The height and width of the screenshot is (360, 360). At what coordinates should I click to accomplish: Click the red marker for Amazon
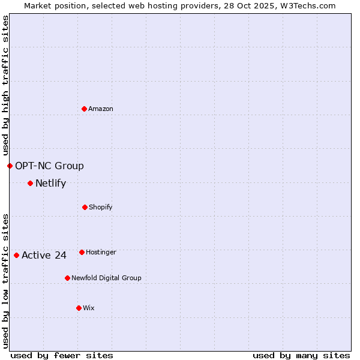(84, 109)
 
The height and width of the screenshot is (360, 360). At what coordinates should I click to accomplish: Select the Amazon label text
(101, 109)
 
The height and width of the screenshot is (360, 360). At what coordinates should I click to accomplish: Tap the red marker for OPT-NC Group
(10, 166)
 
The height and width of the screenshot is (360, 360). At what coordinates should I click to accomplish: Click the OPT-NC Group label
(49, 166)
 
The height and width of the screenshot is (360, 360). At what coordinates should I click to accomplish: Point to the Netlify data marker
(30, 183)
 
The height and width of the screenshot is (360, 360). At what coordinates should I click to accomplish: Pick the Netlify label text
(50, 184)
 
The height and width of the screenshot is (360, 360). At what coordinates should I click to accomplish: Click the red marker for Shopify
(85, 207)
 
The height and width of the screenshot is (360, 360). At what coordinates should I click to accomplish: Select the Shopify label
(101, 208)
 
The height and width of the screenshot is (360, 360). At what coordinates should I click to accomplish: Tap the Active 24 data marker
(16, 255)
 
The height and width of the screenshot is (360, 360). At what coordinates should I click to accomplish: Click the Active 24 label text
(44, 256)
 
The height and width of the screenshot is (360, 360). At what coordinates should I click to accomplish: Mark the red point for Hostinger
(82, 252)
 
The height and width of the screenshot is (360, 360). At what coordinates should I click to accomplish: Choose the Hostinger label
(101, 253)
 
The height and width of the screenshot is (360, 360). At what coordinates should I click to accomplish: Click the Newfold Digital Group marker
(67, 278)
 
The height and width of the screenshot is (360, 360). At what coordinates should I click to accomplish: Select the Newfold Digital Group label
(106, 278)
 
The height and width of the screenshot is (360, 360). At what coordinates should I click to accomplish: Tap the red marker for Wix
(79, 308)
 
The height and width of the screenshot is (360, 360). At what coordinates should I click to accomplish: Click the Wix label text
(89, 308)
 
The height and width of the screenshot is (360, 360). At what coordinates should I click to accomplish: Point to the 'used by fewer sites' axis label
(62, 356)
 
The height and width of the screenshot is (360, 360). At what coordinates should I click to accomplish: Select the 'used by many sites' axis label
(301, 356)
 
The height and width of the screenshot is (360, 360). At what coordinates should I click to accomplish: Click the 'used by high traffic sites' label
(5, 86)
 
